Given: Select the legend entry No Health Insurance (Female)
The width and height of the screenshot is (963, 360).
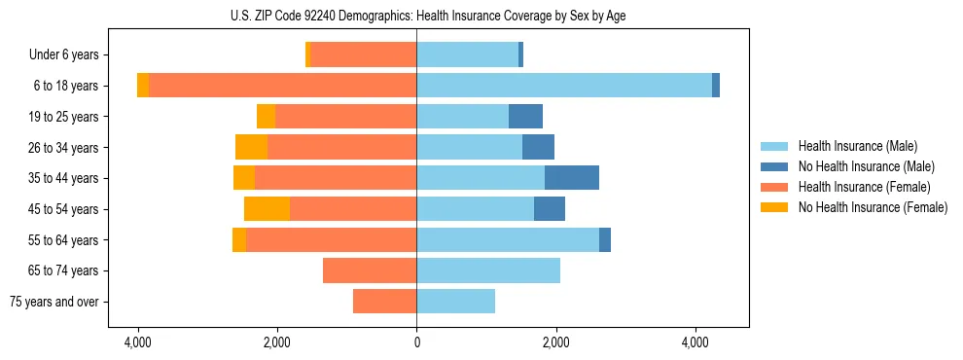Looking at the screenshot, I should click(873, 207).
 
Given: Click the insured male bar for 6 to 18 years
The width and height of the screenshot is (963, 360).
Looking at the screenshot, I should click(564, 86).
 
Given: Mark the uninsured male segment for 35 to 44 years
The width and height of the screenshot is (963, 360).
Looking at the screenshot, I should click(572, 178).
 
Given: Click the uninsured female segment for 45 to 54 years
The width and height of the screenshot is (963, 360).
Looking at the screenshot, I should click(267, 209).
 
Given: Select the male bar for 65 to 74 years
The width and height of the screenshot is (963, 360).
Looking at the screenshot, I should click(488, 270).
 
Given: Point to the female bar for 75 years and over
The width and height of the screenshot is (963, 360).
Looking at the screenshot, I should click(384, 302).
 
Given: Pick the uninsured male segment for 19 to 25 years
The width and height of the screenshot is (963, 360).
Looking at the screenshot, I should click(525, 117).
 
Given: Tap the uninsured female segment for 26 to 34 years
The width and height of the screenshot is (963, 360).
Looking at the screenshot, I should click(251, 147).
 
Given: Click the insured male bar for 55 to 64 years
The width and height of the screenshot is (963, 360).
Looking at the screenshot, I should click(508, 239).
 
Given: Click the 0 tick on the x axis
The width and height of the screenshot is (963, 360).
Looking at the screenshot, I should click(416, 343).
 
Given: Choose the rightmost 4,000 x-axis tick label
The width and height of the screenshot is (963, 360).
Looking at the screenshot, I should click(695, 343).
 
